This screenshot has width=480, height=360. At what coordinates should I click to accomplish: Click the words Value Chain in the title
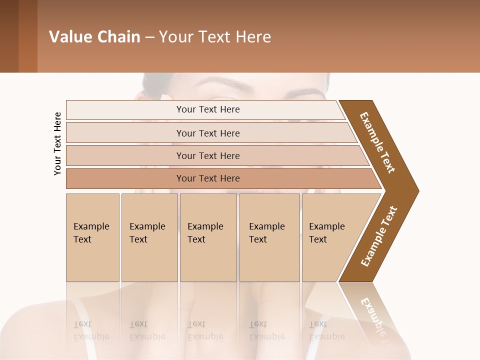94,37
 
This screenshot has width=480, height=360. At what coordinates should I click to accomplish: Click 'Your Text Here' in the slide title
215,37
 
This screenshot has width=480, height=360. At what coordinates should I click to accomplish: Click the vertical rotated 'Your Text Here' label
57,143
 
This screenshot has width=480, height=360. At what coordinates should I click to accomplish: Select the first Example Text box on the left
92,237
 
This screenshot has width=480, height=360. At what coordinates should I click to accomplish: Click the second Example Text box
149,237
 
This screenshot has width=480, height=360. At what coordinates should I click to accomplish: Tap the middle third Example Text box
208,237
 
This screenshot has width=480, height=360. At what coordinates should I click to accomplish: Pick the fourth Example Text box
269,237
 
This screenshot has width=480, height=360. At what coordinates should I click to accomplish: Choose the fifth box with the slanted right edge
330,237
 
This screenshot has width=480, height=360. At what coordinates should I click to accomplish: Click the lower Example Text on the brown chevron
379,236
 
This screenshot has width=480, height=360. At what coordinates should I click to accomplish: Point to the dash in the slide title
149,37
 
